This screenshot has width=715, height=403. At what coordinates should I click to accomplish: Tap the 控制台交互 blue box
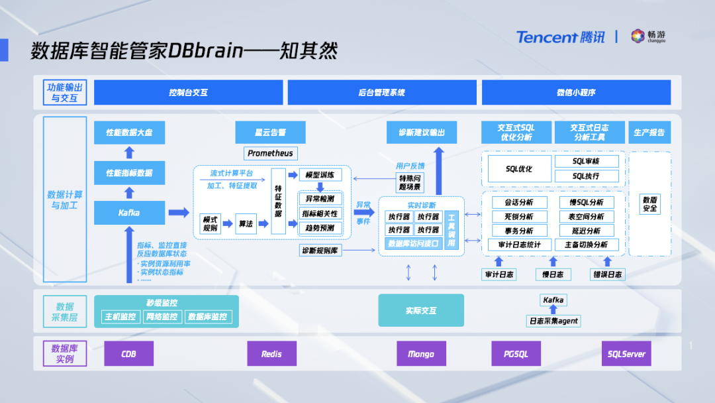[188, 93]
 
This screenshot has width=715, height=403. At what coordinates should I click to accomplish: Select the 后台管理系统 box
[381, 93]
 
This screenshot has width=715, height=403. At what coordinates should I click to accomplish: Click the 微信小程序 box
[576, 93]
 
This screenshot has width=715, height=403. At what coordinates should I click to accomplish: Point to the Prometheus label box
[270, 153]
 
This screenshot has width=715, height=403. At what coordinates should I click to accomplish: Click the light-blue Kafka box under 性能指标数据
[129, 213]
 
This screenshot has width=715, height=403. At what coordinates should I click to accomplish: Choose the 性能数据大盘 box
[129, 133]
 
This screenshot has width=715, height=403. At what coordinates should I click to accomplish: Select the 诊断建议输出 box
[422, 133]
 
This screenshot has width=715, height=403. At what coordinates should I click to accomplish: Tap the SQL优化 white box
[518, 169]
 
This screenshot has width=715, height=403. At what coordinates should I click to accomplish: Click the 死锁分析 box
[518, 217]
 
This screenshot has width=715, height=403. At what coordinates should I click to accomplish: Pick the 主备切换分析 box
[586, 245]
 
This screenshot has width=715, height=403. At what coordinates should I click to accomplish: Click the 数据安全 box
[649, 203]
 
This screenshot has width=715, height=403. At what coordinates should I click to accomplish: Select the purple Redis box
[271, 354]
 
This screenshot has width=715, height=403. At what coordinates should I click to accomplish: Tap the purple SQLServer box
[626, 354]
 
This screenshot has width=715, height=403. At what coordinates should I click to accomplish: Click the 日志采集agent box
[553, 321]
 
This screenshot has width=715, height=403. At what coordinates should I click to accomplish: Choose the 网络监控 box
[162, 317]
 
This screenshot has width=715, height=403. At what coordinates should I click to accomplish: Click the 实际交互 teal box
[421, 310]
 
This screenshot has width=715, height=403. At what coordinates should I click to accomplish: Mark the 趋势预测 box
[320, 228]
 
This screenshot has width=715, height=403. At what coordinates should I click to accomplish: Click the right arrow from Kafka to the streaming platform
[179, 213]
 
